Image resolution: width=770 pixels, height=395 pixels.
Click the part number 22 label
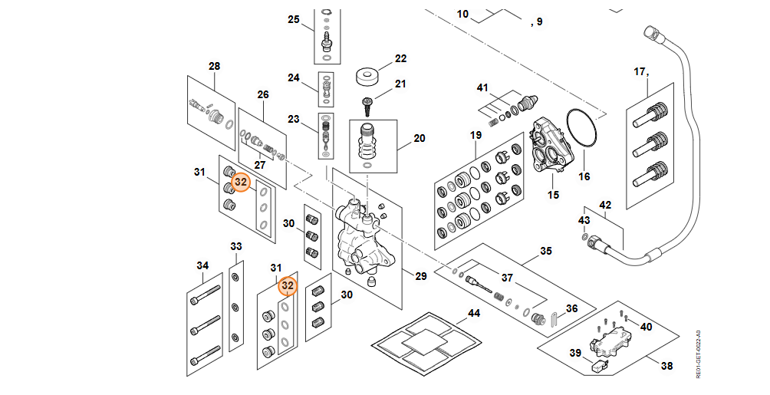tap(400, 58)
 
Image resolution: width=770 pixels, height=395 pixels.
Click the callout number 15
tap(554, 195)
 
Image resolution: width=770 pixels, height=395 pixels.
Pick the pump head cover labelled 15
tap(550, 146)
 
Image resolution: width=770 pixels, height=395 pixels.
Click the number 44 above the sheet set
tap(474, 314)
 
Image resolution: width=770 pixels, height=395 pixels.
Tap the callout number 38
tap(666, 366)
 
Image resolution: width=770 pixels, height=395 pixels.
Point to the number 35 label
tap(545, 251)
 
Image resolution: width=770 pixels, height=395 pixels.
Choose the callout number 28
tap(214, 66)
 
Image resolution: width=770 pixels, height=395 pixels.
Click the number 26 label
tap(263, 94)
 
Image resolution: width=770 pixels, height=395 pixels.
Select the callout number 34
tap(202, 266)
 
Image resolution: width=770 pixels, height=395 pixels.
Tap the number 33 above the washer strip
tap(236, 246)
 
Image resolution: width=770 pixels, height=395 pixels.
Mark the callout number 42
tap(605, 205)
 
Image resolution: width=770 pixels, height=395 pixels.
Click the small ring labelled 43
tap(584, 237)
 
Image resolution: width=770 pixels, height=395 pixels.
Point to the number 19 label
tap(475, 135)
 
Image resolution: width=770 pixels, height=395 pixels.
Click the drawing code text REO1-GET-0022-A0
tap(699, 354)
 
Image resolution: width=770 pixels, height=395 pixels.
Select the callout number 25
tap(293, 20)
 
